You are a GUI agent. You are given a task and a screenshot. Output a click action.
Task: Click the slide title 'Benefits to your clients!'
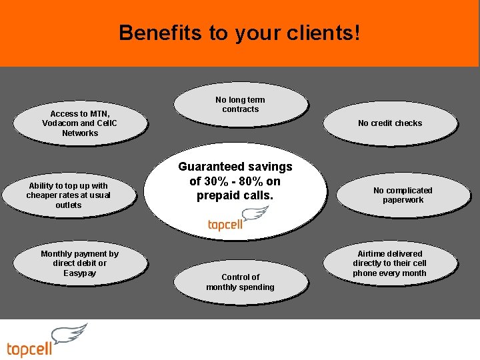[239, 33]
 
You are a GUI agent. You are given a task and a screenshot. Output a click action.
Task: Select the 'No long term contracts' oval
[240, 105]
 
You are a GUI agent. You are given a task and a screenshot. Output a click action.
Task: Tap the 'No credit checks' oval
[390, 123]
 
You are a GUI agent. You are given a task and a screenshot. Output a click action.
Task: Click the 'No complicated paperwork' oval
[403, 195]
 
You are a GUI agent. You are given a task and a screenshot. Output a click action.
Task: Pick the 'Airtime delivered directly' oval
[390, 263]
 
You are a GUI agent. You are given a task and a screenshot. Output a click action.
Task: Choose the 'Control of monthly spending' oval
[240, 282]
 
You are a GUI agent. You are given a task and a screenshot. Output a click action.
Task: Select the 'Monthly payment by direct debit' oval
[79, 263]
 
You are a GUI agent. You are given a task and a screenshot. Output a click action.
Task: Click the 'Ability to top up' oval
[68, 195]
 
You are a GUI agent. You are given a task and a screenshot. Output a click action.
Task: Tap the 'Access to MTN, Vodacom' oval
[79, 123]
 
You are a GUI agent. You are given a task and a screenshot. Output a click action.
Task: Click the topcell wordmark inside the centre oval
[225, 225]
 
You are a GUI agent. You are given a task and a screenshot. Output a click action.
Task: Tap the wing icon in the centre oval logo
[255, 214]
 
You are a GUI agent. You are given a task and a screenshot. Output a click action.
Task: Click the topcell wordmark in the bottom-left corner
[29, 349]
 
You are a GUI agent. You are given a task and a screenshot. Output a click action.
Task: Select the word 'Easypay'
[79, 273]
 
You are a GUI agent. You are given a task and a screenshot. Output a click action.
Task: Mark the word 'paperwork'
[403, 200]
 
